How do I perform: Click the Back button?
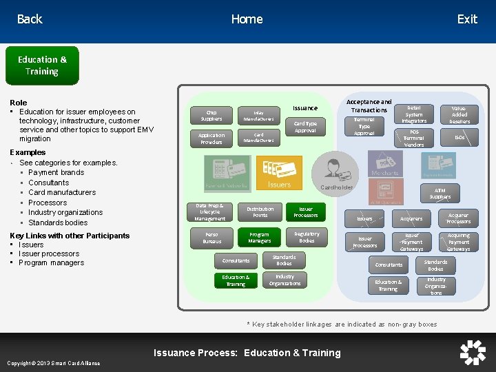30,19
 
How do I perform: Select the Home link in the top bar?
247,19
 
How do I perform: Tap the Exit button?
466,19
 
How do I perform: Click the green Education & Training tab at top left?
42,65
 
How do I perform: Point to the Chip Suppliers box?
211,115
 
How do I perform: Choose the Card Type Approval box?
305,127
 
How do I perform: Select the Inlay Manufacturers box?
258,116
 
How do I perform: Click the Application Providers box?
211,138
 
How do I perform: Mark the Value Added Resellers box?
459,114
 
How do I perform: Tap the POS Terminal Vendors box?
414,138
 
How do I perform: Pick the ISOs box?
459,138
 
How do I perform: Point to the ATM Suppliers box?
440,194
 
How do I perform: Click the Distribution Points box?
260,212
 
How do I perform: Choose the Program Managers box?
260,238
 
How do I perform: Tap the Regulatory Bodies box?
307,238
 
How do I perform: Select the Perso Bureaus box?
211,238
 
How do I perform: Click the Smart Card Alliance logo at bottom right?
473,352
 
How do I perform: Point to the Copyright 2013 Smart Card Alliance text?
53,363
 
